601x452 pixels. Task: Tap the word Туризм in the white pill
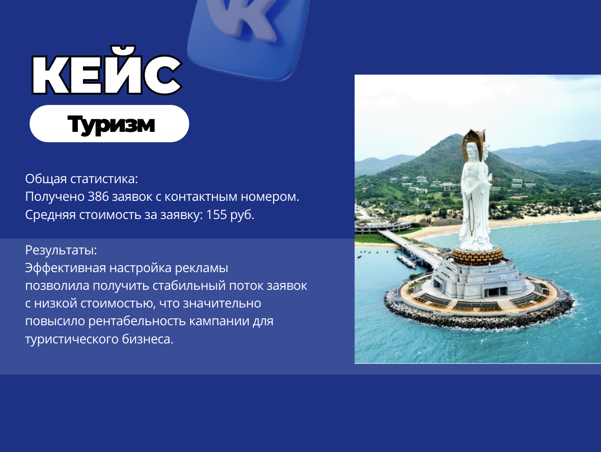[111, 125]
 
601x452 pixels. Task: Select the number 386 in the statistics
[98, 197]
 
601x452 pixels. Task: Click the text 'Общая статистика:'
[82, 179]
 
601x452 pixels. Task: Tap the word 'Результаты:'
[61, 250]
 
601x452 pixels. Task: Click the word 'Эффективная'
[65, 268]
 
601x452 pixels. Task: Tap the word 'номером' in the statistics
[269, 197]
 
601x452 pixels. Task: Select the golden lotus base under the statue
[477, 256]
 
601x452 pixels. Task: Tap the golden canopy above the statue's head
[474, 140]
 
